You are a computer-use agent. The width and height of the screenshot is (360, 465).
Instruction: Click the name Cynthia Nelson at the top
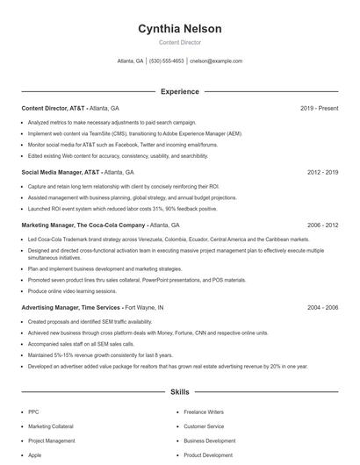click(179, 29)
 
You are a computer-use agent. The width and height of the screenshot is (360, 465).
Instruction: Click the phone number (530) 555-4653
click(167, 61)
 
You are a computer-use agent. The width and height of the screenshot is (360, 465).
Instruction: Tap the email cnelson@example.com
click(216, 61)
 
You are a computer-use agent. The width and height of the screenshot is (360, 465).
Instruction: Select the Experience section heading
click(179, 91)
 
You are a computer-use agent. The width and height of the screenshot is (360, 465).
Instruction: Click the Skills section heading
click(179, 392)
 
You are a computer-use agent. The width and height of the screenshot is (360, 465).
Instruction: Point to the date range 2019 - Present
click(319, 108)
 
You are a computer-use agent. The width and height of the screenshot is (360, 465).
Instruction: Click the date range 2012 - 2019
click(322, 173)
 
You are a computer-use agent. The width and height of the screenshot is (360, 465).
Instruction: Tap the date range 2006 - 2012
click(322, 225)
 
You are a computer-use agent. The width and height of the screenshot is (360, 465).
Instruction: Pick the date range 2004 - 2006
click(322, 308)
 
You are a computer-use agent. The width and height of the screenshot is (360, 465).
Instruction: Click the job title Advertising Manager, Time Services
click(71, 308)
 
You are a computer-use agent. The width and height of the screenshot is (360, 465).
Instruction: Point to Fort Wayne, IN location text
click(145, 308)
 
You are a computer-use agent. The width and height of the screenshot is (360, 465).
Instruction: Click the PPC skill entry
click(33, 411)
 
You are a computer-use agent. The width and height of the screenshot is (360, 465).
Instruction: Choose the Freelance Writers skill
click(204, 411)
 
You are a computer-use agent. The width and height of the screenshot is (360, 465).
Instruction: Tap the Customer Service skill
click(204, 426)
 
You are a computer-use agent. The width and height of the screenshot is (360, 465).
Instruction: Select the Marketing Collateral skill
click(51, 426)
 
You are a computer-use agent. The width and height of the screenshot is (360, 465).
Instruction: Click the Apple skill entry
click(35, 455)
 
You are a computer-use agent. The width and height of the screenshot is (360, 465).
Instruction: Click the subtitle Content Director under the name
click(179, 42)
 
